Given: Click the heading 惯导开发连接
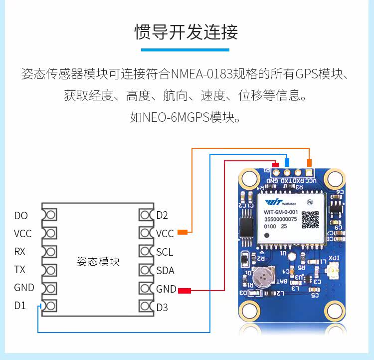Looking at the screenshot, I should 187,31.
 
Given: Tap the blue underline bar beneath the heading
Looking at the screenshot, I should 185,49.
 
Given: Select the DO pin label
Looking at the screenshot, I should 21,216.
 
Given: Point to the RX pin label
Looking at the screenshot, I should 19,252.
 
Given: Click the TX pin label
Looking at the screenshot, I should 19,270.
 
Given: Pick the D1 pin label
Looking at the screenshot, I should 20,306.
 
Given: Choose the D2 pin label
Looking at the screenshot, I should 162,216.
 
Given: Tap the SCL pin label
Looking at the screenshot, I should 164,252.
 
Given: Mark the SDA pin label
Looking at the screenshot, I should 165,271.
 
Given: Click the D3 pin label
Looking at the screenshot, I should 162,307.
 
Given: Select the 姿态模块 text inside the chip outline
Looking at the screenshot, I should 98,261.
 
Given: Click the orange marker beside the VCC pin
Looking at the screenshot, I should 183,232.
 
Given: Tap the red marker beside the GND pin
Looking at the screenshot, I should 185,290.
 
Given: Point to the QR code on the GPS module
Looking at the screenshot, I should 310,220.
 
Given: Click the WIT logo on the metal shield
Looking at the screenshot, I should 273,202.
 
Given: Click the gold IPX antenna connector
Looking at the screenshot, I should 331,272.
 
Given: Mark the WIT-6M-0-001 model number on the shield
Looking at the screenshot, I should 281,212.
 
